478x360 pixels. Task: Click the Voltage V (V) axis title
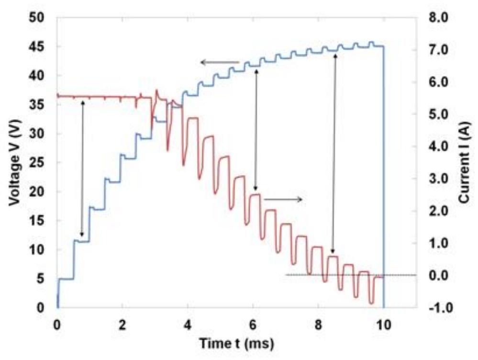15,162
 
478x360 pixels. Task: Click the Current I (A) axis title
464,162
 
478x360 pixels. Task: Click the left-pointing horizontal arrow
220,62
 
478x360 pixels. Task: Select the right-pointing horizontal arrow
283,199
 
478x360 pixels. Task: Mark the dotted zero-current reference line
335,275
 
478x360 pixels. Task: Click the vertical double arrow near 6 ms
256,129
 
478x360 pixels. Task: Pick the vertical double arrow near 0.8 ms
82,168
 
